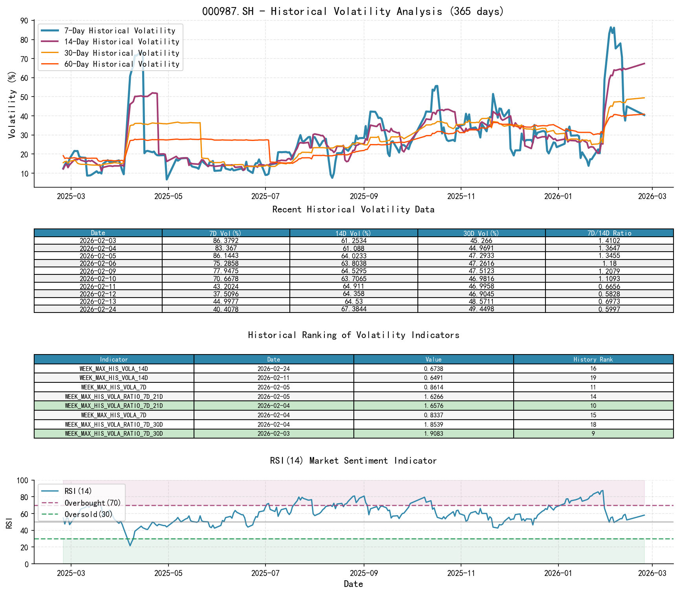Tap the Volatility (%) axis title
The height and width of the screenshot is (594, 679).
pos(12,105)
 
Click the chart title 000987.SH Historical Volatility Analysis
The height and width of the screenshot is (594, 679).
pos(353,11)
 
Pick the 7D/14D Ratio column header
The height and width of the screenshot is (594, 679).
pos(609,233)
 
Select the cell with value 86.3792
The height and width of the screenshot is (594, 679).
pos(226,241)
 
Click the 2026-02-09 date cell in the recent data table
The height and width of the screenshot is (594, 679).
pos(98,271)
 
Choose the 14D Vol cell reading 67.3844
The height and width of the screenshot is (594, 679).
pos(353,309)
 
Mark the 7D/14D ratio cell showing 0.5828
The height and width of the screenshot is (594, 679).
pos(609,294)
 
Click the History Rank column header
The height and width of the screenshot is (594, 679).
pos(593,360)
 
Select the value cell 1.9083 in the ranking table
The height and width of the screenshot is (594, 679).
pos(434,434)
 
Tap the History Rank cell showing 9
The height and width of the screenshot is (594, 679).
pos(593,434)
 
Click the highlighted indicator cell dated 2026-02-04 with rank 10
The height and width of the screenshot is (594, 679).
pos(114,406)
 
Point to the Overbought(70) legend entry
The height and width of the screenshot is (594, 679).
pos(93,503)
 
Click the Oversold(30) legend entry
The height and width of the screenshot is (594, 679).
pos(88,514)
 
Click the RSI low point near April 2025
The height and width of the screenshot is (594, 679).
pos(130,546)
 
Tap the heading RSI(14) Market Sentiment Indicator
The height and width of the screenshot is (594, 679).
pos(353,461)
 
